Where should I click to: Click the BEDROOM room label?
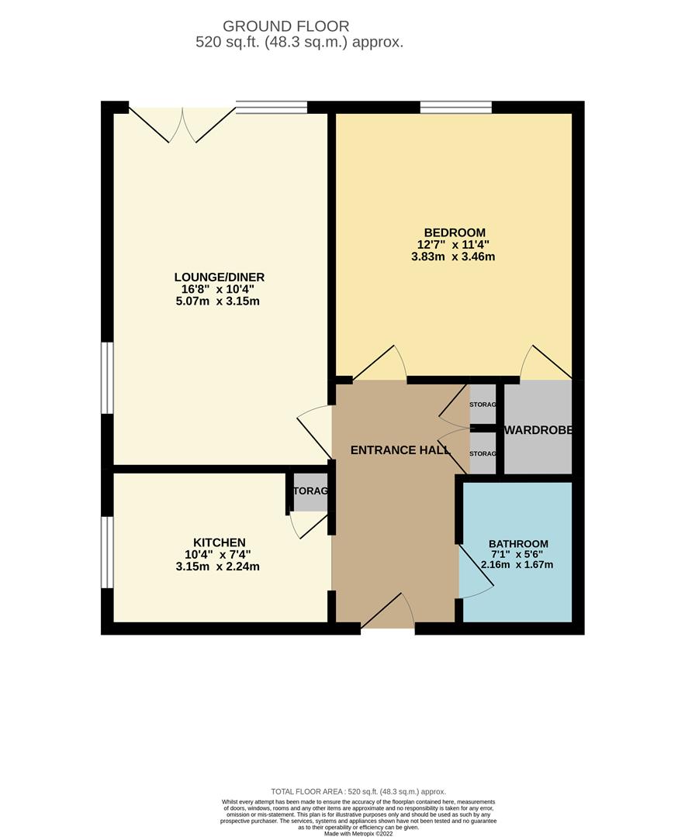[455, 232]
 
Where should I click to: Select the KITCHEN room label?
[220, 542]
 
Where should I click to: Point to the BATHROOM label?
[518, 544]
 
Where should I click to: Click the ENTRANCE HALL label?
[400, 450]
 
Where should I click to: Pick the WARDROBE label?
[538, 430]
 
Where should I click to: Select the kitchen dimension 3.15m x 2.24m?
[218, 567]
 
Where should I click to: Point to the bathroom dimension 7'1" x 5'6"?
[518, 554]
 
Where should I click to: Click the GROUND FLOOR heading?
[286, 27]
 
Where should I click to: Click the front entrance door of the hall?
[388, 612]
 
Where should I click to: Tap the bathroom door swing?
[475, 573]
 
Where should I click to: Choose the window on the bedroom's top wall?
[455, 108]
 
